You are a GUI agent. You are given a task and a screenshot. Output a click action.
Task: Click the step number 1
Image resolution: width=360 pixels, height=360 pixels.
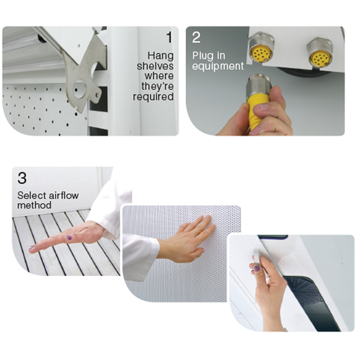tap(170, 37)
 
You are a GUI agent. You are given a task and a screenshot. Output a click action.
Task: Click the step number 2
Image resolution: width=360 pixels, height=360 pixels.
tap(196, 37)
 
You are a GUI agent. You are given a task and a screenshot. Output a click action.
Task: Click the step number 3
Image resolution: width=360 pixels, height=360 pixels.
tap(22, 178)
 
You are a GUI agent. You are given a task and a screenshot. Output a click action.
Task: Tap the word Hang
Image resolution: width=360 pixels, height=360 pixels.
tap(160, 56)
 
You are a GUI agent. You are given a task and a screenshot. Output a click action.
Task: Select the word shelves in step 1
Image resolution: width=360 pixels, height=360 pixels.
tap(155, 66)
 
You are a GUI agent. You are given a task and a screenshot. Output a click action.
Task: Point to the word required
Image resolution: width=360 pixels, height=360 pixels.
tap(153, 97)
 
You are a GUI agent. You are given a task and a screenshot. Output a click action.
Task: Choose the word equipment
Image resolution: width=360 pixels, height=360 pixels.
tap(218, 66)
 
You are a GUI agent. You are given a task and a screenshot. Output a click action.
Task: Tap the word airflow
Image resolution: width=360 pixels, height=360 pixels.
tap(64, 196)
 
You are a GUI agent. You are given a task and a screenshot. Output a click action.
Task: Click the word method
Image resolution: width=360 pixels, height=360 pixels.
tap(34, 205)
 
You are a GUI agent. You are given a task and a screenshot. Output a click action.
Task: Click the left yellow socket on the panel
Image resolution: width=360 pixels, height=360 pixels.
tap(260, 54)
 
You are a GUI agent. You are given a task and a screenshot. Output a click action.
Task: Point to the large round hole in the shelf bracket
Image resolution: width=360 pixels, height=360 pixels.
tap(80, 89)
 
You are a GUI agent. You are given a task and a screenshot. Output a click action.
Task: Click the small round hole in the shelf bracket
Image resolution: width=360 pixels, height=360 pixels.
tap(98, 95)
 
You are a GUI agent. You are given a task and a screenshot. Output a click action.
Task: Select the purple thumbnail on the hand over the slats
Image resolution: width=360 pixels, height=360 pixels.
tap(68, 238)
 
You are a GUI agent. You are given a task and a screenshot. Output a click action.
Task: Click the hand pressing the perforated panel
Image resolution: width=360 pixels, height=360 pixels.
tap(186, 239)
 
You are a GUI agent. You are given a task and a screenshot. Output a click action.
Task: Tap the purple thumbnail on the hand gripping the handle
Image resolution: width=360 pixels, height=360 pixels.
tap(257, 268)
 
